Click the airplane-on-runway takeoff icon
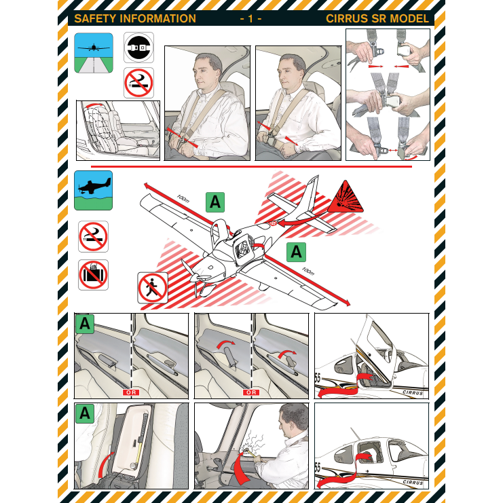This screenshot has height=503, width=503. click(94, 52)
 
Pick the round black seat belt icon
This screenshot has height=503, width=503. click(138, 48)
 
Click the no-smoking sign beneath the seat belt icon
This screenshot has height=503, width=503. click(138, 83)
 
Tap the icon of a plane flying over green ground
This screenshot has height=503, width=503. click(93, 190)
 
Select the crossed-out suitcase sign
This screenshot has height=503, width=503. click(93, 274)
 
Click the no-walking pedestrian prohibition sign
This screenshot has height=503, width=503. click(153, 287)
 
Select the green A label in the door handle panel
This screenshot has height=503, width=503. click(84, 324)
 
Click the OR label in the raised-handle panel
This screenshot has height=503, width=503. click(250, 392)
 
